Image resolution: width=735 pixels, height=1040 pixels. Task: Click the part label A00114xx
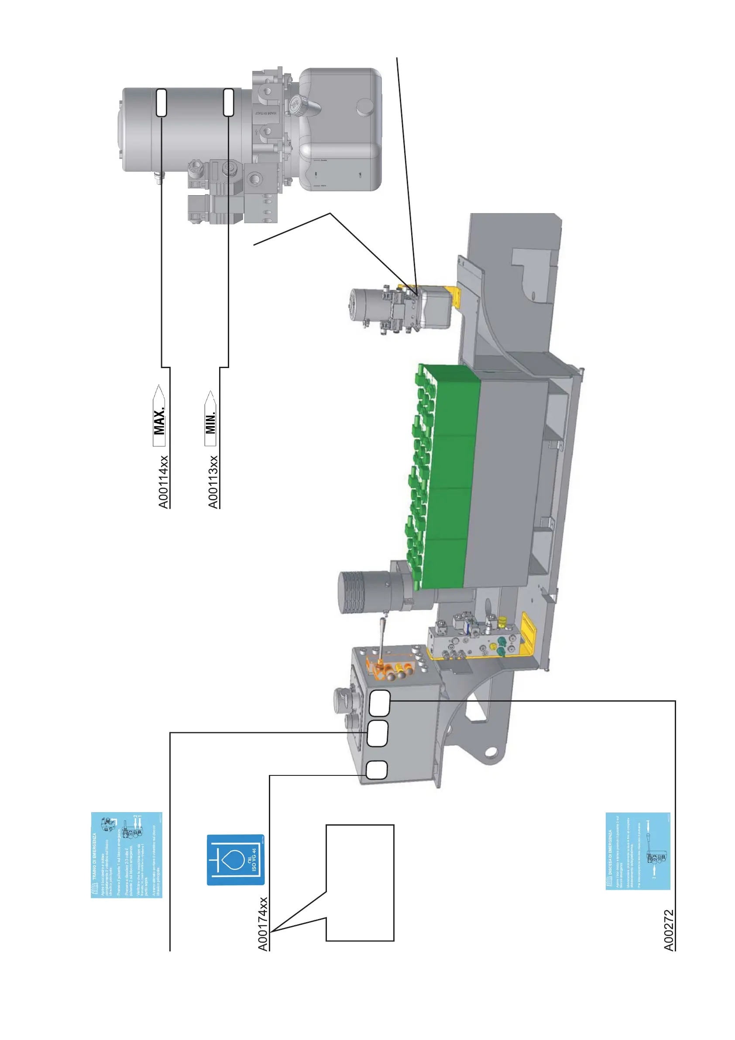(163, 482)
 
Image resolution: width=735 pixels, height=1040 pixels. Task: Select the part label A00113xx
(213, 482)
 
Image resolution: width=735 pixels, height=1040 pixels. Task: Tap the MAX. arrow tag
(159, 416)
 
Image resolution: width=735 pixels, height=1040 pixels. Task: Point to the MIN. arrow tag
(210, 419)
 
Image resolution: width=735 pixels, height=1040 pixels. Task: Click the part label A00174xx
(263, 924)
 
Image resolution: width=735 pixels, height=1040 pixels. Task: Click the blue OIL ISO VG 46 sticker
(236, 860)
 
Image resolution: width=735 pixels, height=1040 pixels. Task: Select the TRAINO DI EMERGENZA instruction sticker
(126, 855)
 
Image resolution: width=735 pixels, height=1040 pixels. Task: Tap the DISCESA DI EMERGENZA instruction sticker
(638, 851)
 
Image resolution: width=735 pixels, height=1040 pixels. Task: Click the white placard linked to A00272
(379, 703)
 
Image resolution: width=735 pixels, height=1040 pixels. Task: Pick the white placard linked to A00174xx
(376, 770)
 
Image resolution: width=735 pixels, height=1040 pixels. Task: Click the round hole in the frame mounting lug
(490, 753)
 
